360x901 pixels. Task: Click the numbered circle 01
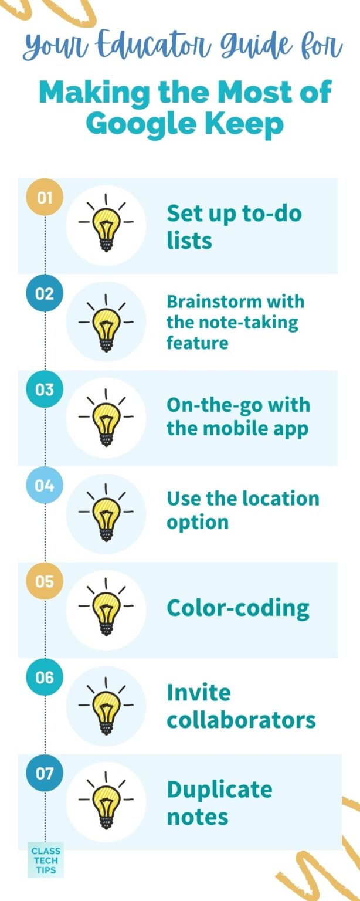45,197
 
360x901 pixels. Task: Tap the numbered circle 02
45,293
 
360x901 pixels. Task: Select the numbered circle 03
45,389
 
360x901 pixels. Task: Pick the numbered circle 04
45,486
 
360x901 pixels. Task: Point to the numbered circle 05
45,581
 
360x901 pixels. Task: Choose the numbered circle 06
45,678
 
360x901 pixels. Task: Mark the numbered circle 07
45,774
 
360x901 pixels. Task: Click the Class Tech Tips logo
45,861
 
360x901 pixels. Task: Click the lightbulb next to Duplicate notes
106,802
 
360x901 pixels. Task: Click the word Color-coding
238,608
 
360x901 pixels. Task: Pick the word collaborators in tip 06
241,720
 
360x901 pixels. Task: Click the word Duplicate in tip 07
219,789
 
